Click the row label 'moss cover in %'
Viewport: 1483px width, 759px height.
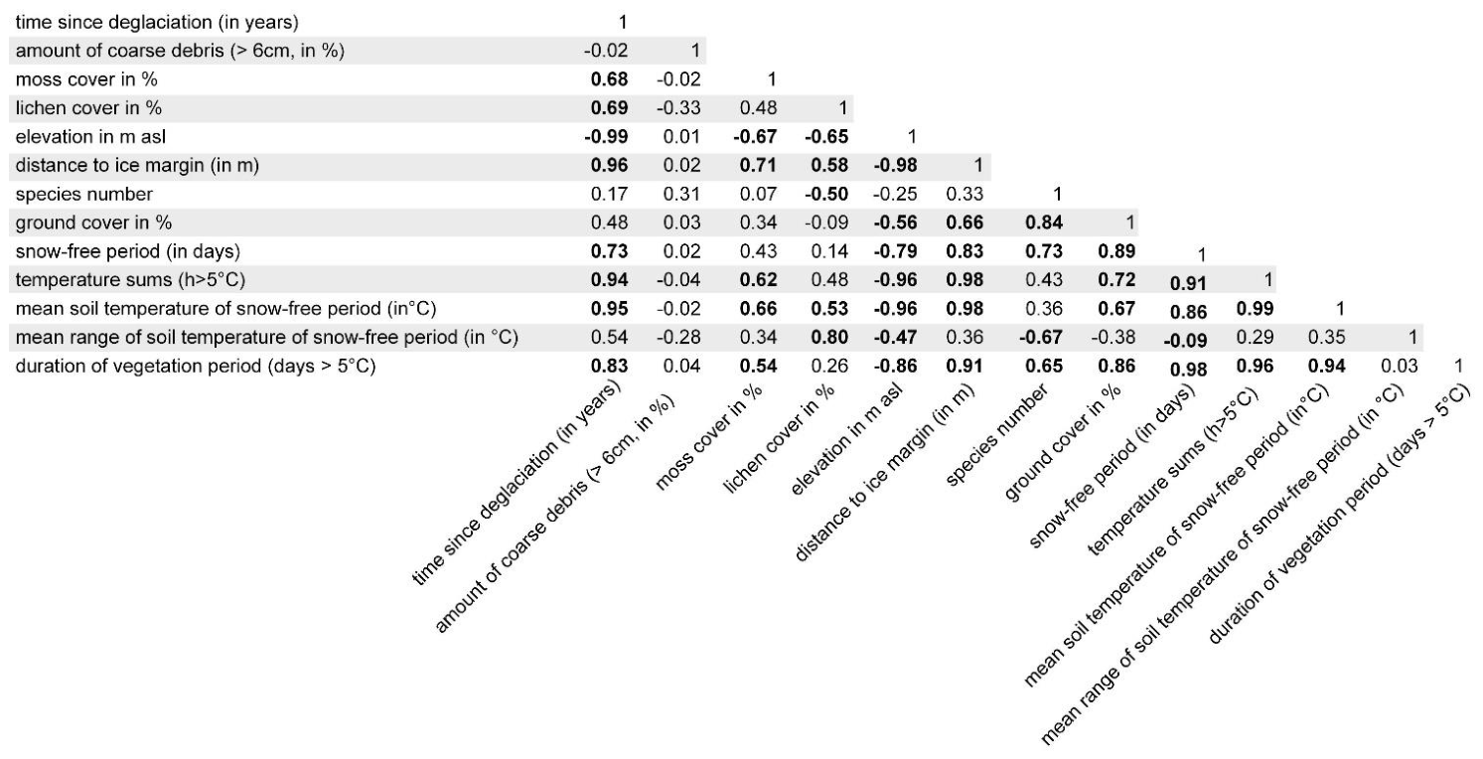coord(86,79)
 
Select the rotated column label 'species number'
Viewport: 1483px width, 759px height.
coord(996,435)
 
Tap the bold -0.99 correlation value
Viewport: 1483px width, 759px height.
coord(606,137)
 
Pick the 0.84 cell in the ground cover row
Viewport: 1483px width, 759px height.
coord(1044,223)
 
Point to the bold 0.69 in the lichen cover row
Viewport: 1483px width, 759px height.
coord(609,108)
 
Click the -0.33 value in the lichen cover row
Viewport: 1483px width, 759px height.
coord(678,108)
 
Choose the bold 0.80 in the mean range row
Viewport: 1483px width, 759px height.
coord(829,338)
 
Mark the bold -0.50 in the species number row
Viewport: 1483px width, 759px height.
coord(826,194)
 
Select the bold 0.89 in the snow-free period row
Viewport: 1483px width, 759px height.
coord(1116,251)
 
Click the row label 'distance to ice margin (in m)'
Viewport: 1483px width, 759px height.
coord(137,166)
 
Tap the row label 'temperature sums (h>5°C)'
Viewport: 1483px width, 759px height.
coord(130,280)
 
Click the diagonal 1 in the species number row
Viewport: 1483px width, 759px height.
coord(1057,194)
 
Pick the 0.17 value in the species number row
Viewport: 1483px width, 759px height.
coord(609,194)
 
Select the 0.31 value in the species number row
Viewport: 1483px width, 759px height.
coord(682,194)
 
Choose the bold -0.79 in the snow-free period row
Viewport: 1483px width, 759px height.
coord(895,251)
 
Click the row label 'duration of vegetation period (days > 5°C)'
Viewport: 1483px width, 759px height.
coord(196,367)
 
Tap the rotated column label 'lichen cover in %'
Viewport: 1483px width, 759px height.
coord(778,439)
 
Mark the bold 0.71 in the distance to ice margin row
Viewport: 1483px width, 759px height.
coord(758,166)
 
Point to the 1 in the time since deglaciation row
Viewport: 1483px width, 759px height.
coord(623,23)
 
